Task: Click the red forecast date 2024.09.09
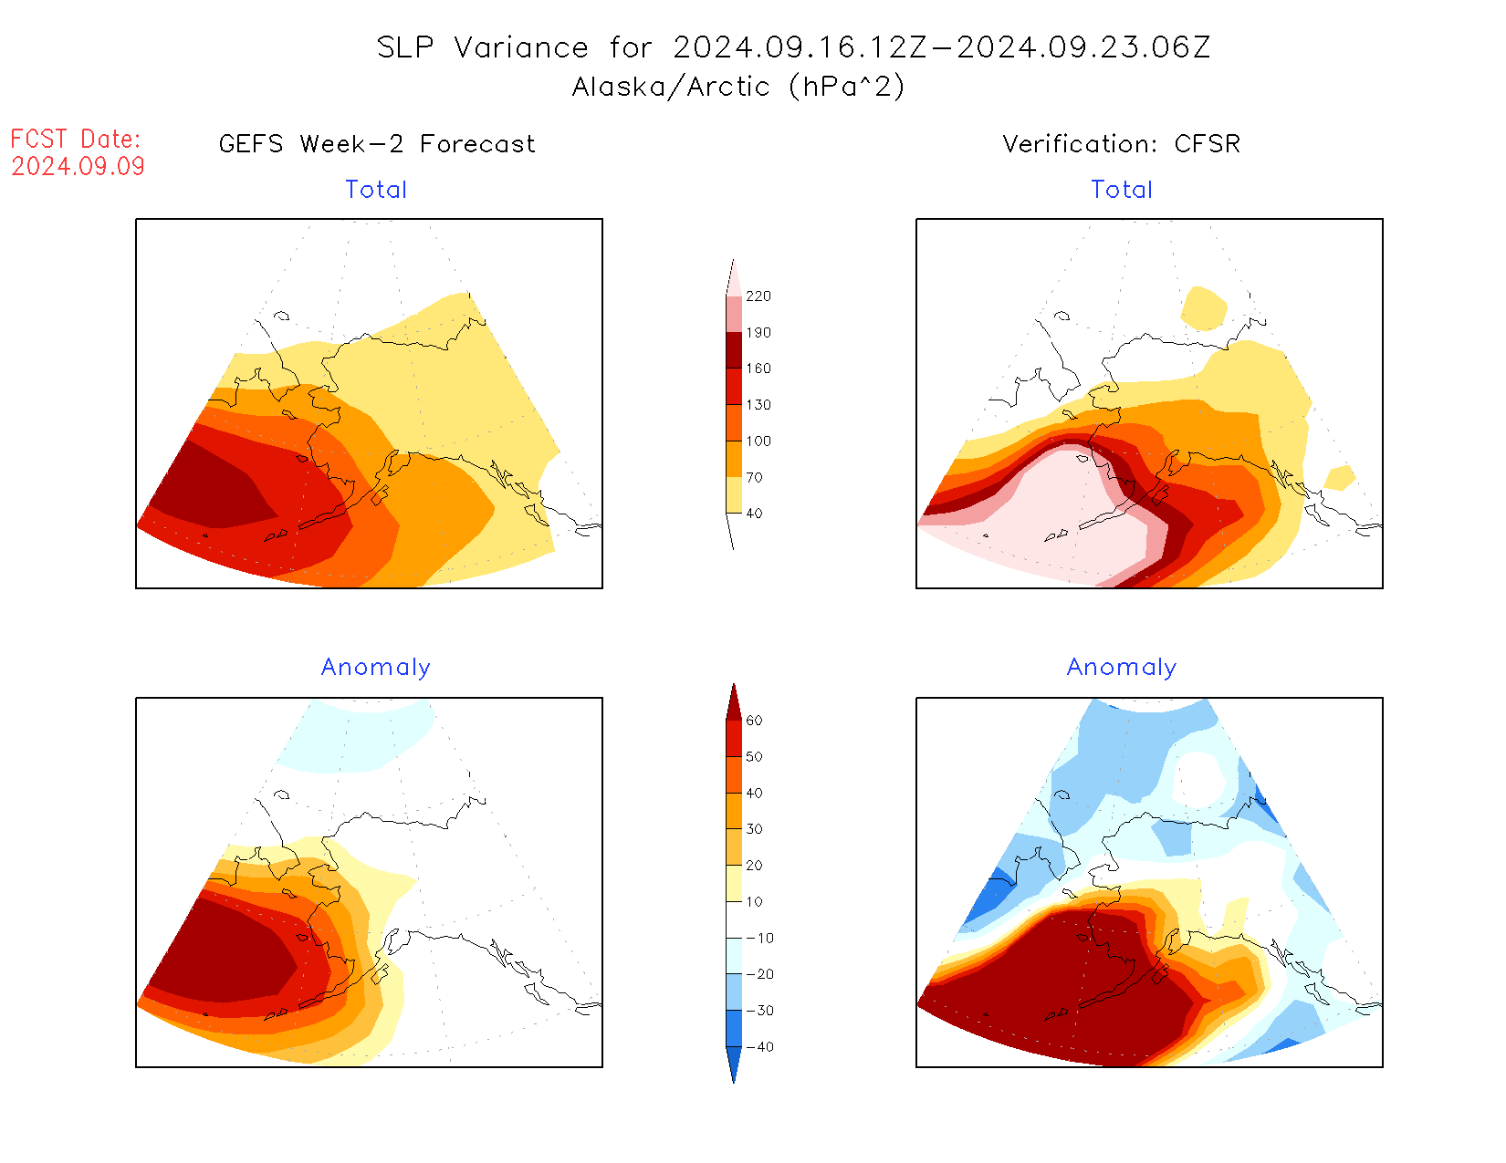(78, 166)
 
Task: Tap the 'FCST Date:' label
(76, 139)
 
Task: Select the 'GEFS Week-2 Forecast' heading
(377, 144)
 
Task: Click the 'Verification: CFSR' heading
(1122, 144)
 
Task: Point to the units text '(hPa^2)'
(847, 87)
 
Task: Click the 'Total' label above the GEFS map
(376, 190)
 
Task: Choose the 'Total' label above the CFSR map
(1122, 190)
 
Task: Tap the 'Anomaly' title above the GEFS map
(375, 667)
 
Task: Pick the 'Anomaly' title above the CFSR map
(1122, 667)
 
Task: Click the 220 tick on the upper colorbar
(758, 296)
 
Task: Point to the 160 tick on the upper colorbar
(758, 369)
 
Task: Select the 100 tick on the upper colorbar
(758, 441)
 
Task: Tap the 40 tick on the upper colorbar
(754, 514)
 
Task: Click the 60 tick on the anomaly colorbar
(754, 721)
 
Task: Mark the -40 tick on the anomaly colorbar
(759, 1047)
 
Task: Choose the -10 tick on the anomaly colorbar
(759, 938)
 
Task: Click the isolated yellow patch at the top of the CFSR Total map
(1204, 308)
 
